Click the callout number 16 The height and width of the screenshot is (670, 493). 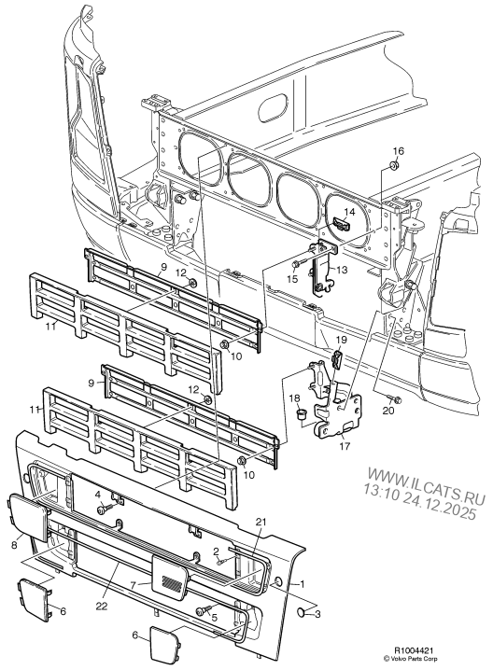[398, 151]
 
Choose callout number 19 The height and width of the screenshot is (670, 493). [341, 341]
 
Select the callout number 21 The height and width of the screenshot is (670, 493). [261, 521]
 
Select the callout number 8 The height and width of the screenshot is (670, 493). [13, 542]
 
